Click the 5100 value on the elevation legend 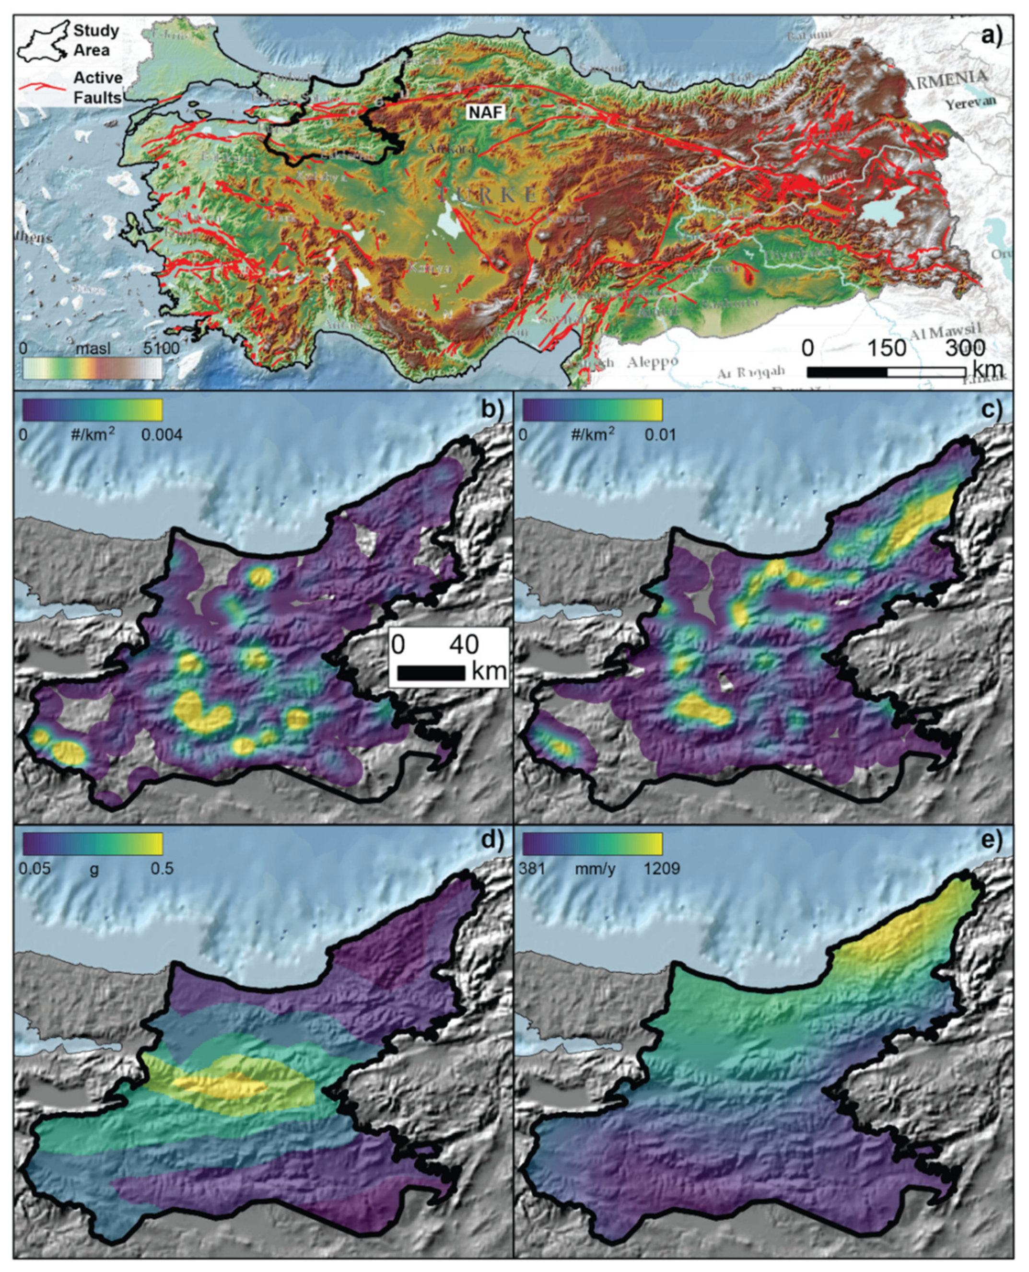pyautogui.click(x=160, y=349)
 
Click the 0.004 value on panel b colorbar pyautogui.click(x=161, y=435)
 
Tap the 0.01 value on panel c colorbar pyautogui.click(x=660, y=435)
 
